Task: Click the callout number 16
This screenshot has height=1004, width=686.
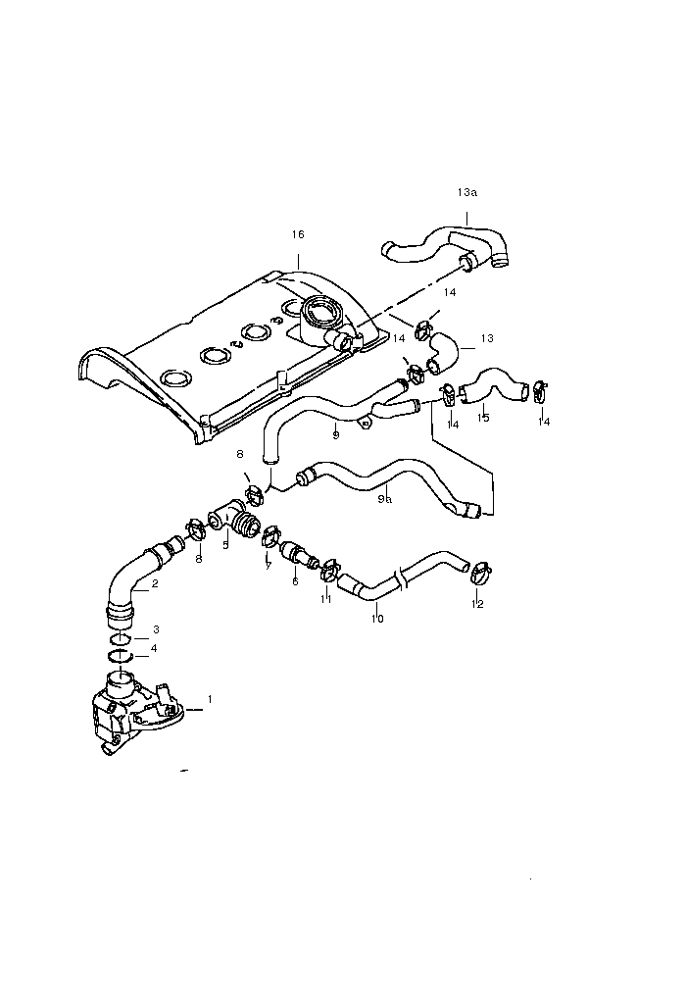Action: click(x=298, y=234)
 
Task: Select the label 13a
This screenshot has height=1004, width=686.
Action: click(x=466, y=193)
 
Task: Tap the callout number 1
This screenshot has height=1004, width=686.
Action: click(x=209, y=700)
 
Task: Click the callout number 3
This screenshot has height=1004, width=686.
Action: click(x=155, y=628)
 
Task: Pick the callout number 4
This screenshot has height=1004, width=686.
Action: click(x=153, y=648)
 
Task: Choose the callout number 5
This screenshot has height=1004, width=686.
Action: click(x=225, y=543)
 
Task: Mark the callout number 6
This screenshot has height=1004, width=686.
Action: click(x=295, y=580)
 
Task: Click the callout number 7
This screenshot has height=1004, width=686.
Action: click(x=267, y=566)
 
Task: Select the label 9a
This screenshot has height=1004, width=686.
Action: click(x=385, y=498)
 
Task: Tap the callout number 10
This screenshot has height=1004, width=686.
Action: click(x=377, y=619)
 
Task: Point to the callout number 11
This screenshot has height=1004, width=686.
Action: click(x=327, y=598)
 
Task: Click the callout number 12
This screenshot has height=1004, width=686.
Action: click(x=477, y=604)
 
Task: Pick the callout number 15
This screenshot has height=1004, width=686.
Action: click(x=483, y=418)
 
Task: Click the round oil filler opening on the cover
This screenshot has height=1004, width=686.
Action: click(x=320, y=313)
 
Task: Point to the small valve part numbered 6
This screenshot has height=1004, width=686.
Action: click(x=296, y=555)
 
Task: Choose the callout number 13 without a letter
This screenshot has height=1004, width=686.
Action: click(x=487, y=338)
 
